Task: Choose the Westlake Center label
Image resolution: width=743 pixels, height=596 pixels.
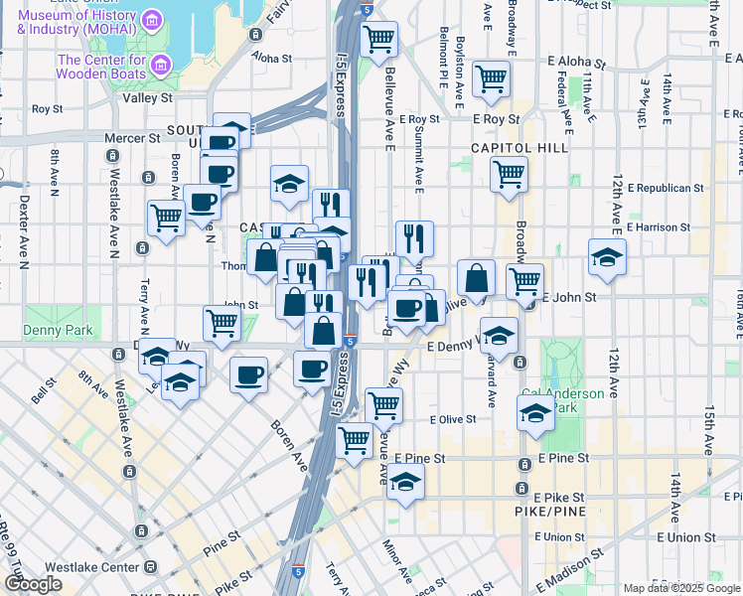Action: pos(95,567)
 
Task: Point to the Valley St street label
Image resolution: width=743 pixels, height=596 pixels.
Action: pos(147,98)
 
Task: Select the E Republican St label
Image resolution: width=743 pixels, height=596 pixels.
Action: pos(659,187)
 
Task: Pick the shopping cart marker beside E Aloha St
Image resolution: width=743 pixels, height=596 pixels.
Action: pos(491,78)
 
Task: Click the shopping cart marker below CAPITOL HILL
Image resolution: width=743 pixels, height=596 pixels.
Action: pos(509,174)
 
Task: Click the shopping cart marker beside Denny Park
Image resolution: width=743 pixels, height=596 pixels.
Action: pos(222,321)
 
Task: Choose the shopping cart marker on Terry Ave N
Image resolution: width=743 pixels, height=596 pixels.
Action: pos(166,217)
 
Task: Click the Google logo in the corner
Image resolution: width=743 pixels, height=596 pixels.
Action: pos(34,584)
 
